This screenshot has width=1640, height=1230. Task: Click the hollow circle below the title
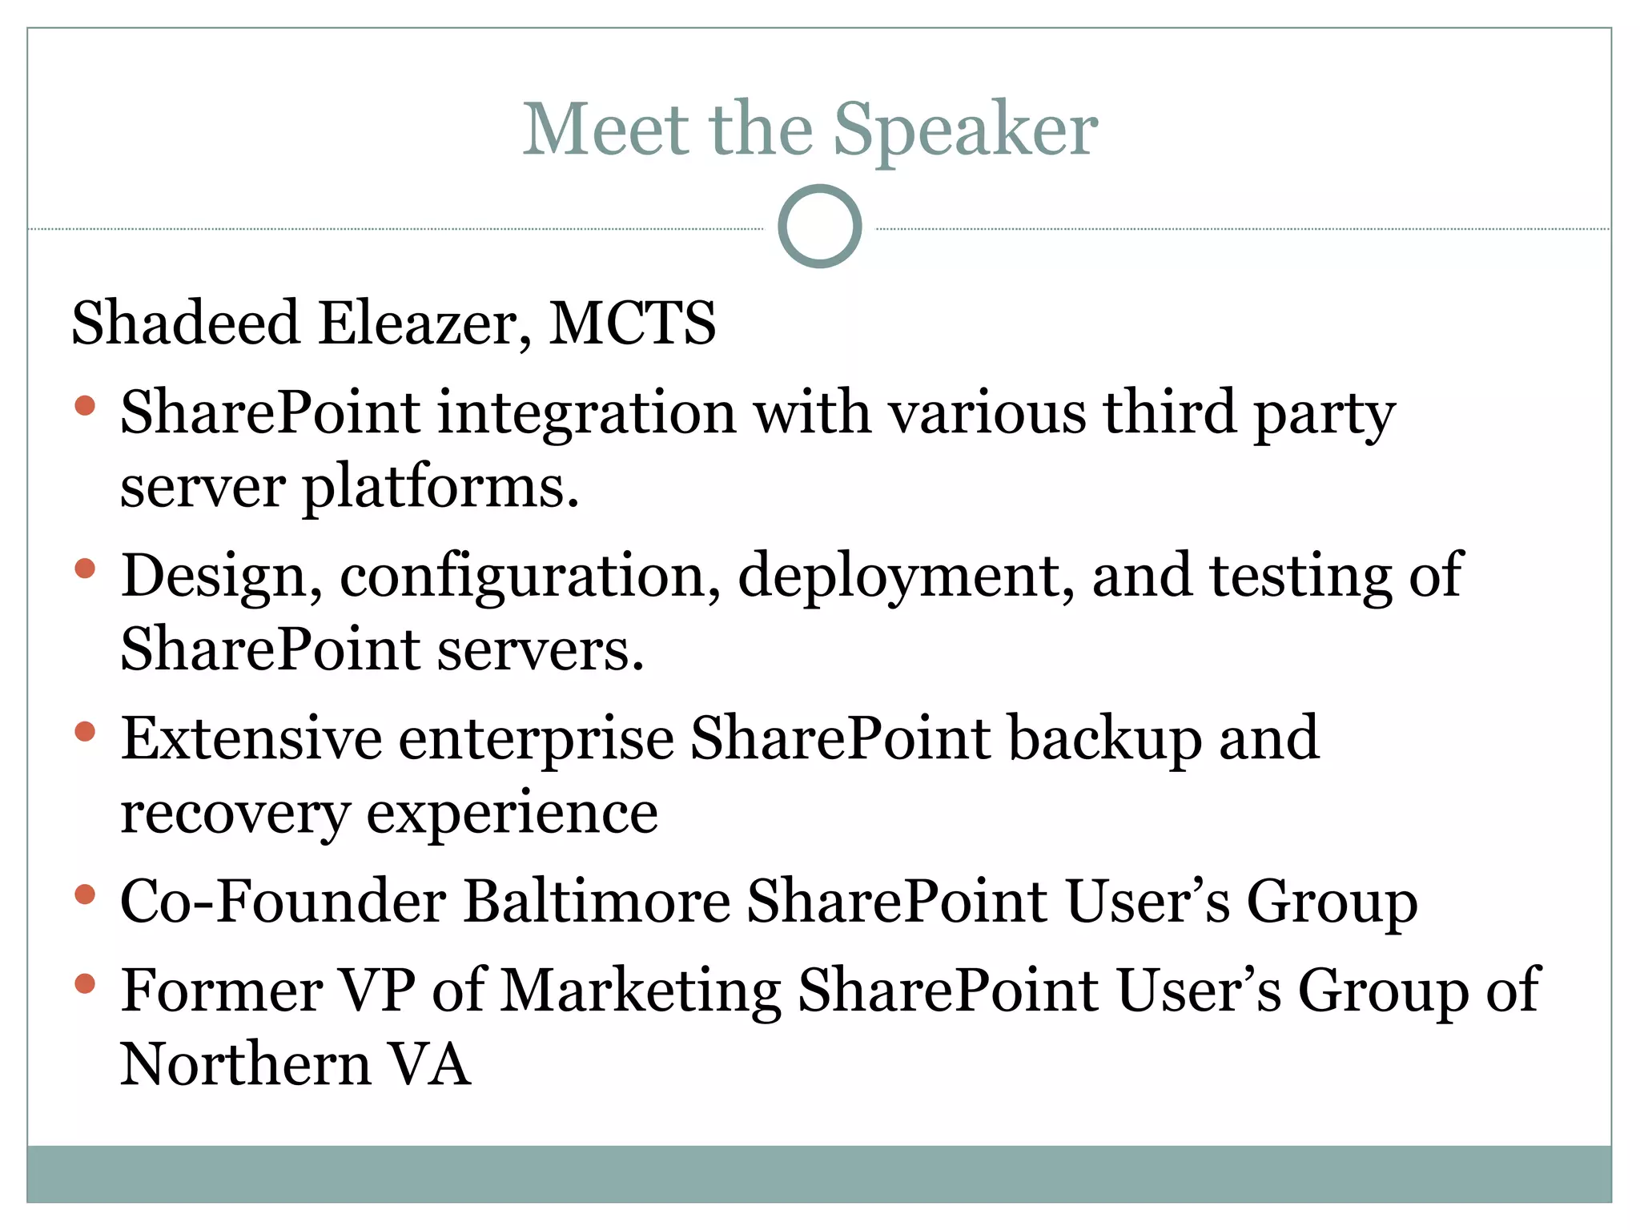point(819,227)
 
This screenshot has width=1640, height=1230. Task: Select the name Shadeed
point(185,323)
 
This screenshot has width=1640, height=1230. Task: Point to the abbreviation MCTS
point(632,323)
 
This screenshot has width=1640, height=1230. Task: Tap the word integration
point(586,413)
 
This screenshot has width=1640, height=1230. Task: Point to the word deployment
point(906,577)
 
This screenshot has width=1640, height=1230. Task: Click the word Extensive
point(251,738)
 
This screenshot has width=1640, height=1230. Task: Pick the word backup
point(1104,740)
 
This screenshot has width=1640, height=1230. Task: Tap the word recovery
point(235,814)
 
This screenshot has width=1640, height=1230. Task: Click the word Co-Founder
point(283,902)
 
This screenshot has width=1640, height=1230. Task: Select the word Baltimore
point(597,902)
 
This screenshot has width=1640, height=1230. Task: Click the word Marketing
point(641,991)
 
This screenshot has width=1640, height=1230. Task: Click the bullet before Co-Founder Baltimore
point(85,894)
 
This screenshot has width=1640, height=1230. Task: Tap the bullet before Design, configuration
point(85,569)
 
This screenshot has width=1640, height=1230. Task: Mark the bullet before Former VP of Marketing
point(85,983)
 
